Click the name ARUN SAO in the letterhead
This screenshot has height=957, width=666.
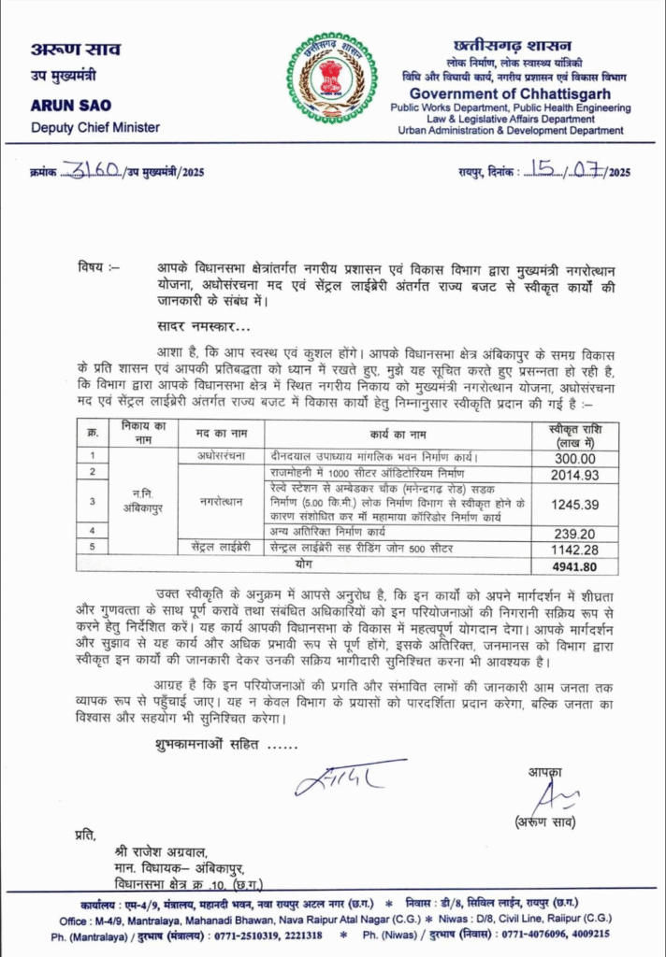(71, 106)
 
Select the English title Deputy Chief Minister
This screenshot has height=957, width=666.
(94, 127)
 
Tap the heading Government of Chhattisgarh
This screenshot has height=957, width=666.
(510, 94)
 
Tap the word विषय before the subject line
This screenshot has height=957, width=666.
(93, 269)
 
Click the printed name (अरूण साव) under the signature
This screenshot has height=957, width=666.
(549, 821)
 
